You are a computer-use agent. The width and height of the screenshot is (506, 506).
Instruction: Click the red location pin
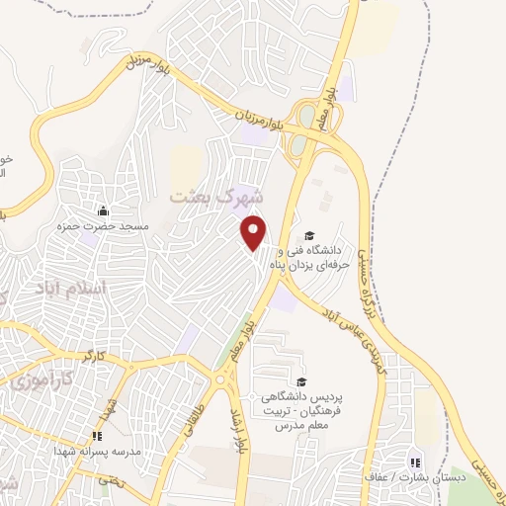pos(255,232)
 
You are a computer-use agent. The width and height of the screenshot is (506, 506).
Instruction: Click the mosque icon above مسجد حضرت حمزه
pos(104,211)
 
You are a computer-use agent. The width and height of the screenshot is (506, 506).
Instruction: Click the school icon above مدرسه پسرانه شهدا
pos(97,435)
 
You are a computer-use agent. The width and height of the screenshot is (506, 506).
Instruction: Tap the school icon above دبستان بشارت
pos(415,462)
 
